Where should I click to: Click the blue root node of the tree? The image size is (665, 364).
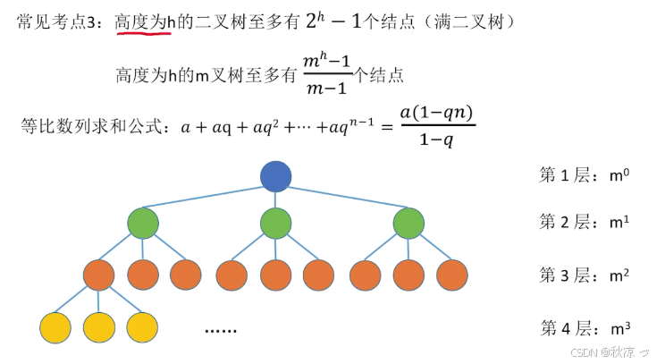click(x=276, y=176)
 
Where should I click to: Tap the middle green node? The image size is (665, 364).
click(x=276, y=223)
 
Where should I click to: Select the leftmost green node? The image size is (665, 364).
click(x=143, y=223)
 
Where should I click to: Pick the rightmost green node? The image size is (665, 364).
click(x=409, y=223)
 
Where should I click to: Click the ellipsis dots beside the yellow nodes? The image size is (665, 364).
click(x=220, y=330)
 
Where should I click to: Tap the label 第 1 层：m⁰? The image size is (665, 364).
click(x=584, y=174)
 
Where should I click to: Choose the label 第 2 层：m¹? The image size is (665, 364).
click(x=584, y=221)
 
